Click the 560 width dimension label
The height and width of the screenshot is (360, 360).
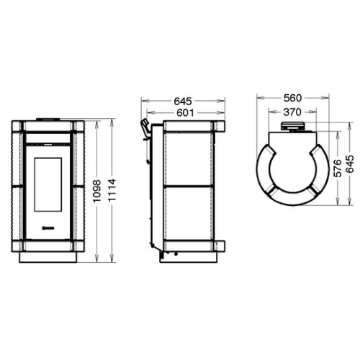292,98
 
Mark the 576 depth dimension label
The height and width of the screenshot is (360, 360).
336,173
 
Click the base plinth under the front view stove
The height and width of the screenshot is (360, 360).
49,253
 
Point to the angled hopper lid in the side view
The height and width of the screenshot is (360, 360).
145,129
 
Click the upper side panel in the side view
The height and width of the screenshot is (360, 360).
190,157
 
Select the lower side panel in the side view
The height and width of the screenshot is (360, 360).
190,214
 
